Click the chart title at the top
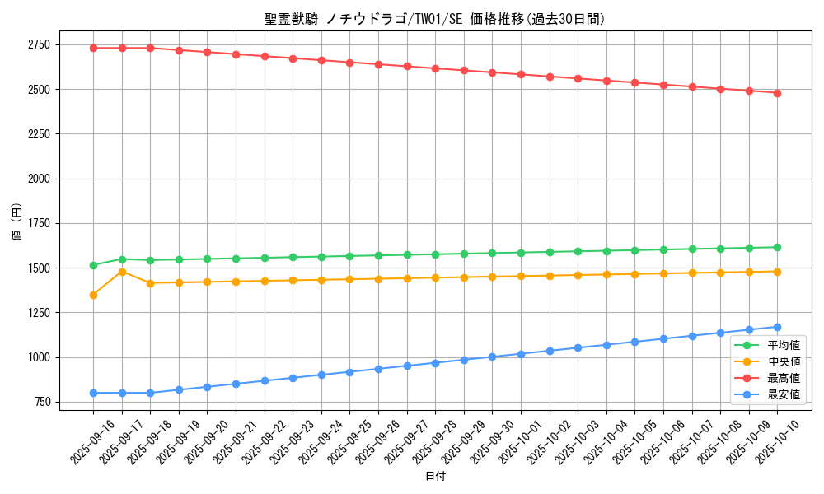pos(434,19)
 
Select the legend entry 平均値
pos(784,345)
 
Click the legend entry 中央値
pos(784,361)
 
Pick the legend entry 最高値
pos(784,378)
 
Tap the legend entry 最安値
pos(784,394)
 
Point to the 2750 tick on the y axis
pos(38,44)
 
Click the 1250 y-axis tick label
pos(38,313)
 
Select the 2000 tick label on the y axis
pos(38,179)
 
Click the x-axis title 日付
pos(434,477)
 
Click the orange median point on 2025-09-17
pos(122,272)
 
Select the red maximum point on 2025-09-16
pos(93,48)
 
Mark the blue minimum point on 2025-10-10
pos(777,327)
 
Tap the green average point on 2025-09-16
pos(93,265)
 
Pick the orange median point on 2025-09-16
pos(93,295)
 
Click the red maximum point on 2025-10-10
pos(777,93)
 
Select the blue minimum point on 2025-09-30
pos(492,357)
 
